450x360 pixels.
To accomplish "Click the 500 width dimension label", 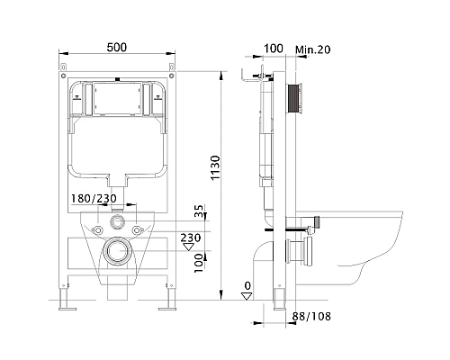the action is [x=117, y=48].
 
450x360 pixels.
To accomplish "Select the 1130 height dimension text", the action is [x=215, y=167].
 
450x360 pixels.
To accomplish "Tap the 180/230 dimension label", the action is [x=94, y=198].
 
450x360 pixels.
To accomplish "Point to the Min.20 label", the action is [x=313, y=49].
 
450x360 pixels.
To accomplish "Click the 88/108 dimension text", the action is [x=311, y=316].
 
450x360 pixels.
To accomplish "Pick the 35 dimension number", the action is [x=199, y=211].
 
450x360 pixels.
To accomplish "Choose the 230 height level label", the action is [x=191, y=238].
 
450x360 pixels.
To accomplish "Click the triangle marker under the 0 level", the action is [x=247, y=296].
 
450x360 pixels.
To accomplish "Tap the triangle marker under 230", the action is [x=189, y=247].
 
